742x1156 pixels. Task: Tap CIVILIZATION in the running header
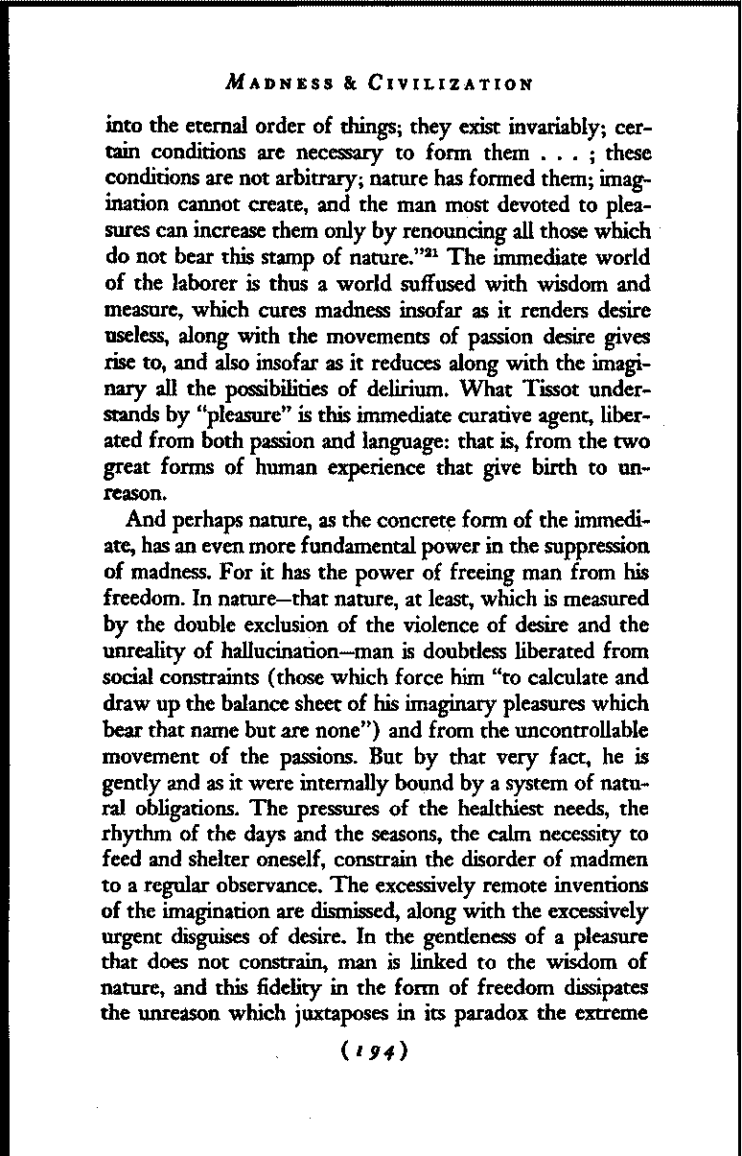point(450,83)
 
